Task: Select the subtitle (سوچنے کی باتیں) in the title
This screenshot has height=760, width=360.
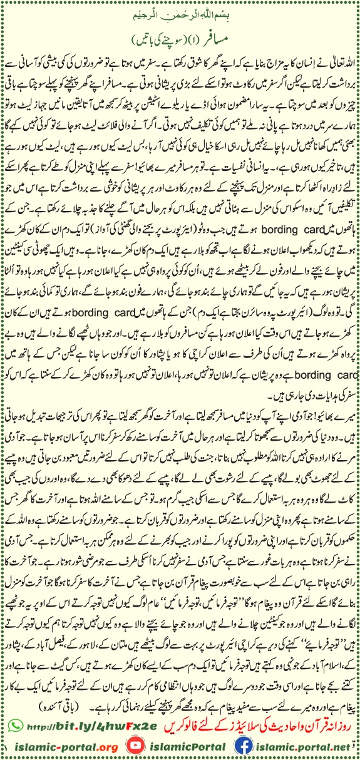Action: point(157,39)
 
